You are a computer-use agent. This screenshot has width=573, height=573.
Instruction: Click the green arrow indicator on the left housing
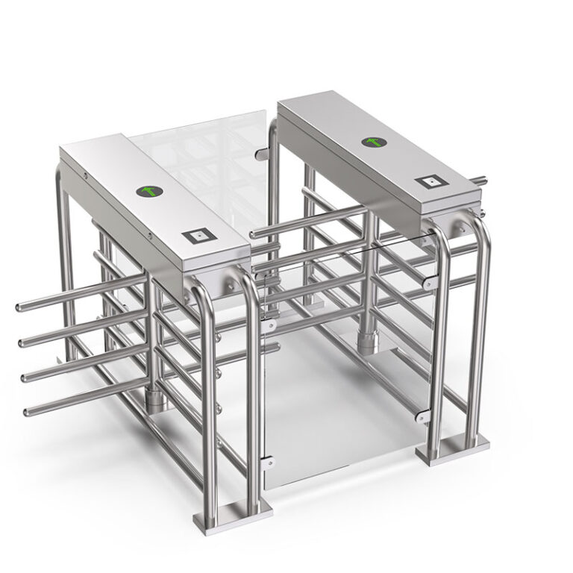tap(150, 192)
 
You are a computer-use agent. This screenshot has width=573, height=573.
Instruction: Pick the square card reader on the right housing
tap(432, 182)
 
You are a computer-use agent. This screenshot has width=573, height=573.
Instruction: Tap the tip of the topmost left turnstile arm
tap(20, 307)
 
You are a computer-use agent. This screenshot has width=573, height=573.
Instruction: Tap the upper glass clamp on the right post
tap(429, 284)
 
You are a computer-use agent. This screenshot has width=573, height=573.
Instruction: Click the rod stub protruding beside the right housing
tap(480, 179)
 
